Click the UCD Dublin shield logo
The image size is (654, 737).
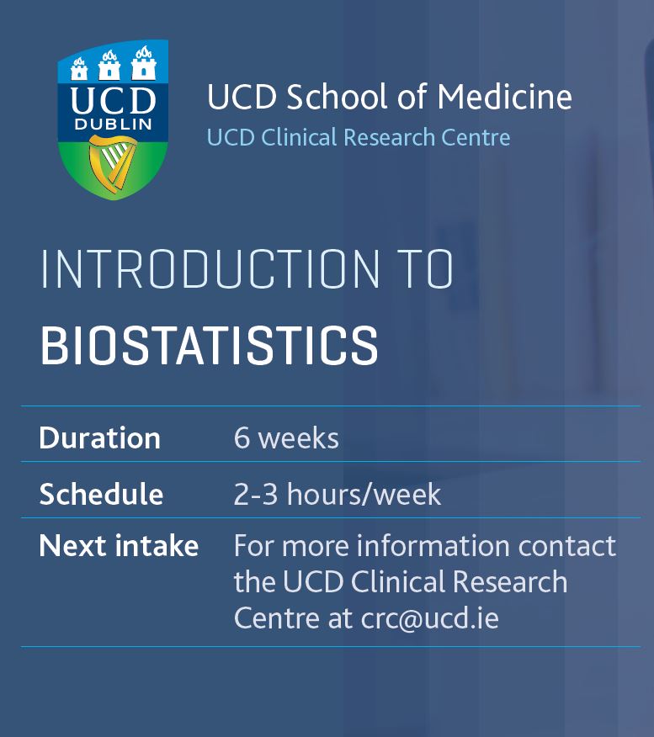click(x=112, y=120)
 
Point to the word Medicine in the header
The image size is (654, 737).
click(x=504, y=98)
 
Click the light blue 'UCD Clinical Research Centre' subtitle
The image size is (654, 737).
click(x=359, y=137)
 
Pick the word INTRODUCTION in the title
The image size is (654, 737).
click(x=210, y=270)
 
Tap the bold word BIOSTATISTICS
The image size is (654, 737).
click(x=209, y=345)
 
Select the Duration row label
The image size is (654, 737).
click(x=99, y=438)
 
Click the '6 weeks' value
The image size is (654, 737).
click(x=286, y=438)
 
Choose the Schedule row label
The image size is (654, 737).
click(x=101, y=494)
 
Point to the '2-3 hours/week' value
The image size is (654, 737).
click(x=337, y=494)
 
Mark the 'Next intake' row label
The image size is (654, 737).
click(x=119, y=546)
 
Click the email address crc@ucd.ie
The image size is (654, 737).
click(x=430, y=618)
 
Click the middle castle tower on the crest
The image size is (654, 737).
click(x=110, y=63)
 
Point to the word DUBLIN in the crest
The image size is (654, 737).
click(x=113, y=124)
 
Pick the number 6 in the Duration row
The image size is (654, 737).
click(x=242, y=438)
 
